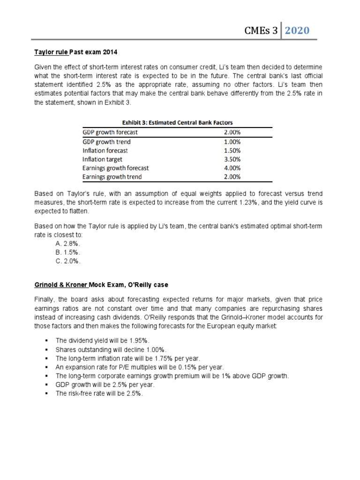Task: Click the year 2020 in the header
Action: [x=297, y=30]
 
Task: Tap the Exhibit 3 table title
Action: [x=178, y=123]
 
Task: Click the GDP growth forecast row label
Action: [x=110, y=132]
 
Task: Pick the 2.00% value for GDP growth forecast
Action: [x=232, y=132]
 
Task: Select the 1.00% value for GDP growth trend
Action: [x=232, y=142]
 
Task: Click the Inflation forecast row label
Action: [x=105, y=150]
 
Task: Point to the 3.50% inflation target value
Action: [x=232, y=159]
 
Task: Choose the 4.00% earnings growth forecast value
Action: [x=232, y=168]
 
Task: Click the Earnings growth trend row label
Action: [x=112, y=177]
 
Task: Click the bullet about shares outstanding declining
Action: [x=104, y=349]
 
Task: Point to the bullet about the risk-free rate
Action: [x=98, y=394]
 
